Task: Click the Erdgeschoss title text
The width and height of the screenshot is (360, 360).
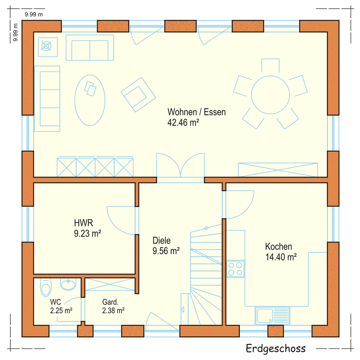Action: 276,348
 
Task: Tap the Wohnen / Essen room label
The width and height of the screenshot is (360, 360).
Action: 197,112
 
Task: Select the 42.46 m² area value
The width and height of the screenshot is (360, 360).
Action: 183,122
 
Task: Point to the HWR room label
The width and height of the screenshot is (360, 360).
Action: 83,223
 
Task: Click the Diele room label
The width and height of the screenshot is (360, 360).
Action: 162,240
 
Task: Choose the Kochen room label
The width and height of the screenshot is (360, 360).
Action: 279,246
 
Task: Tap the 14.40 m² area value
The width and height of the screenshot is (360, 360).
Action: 281,257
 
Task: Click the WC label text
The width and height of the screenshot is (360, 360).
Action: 55,302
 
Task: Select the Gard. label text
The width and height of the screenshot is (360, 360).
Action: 111,302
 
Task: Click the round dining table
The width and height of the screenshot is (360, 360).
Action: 270,95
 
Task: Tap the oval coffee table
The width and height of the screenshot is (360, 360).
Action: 90,100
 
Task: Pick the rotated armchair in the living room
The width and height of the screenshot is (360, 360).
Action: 139,94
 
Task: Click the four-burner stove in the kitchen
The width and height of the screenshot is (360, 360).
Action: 235,269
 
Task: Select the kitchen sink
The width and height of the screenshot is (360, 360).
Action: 272,316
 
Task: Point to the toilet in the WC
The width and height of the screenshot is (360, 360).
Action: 46,288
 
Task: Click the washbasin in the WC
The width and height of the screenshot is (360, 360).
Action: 68,284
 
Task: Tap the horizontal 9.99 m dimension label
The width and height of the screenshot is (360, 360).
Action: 34,14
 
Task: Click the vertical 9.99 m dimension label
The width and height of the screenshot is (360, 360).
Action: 15,32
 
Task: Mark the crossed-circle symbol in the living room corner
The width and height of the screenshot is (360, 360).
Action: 46,46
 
